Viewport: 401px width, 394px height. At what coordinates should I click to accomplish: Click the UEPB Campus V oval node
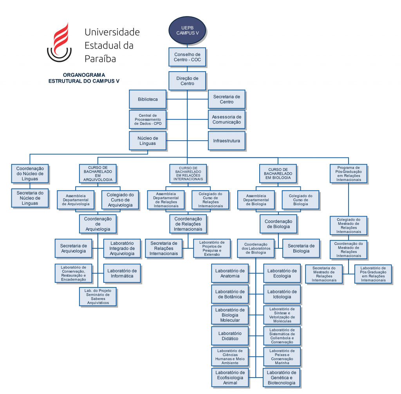pyautogui.click(x=187, y=31)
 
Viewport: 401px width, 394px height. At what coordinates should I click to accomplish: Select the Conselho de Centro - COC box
pyautogui.click(x=187, y=57)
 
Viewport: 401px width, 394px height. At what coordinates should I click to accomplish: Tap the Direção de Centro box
pyautogui.click(x=187, y=81)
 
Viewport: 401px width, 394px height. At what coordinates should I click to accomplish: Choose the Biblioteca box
pyautogui.click(x=148, y=99)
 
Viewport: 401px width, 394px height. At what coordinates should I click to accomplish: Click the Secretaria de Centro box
pyautogui.click(x=226, y=99)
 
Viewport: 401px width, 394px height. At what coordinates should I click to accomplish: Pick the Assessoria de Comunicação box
pyautogui.click(x=226, y=119)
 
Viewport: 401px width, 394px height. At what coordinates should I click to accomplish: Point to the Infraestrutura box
pyautogui.click(x=226, y=140)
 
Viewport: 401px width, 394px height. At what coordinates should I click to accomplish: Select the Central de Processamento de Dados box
pyautogui.click(x=148, y=119)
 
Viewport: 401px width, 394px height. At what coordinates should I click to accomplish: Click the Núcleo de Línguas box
pyautogui.click(x=148, y=141)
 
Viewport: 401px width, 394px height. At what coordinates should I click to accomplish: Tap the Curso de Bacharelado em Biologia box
pyautogui.click(x=278, y=174)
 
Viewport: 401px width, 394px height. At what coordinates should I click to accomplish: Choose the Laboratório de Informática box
pyautogui.click(x=122, y=273)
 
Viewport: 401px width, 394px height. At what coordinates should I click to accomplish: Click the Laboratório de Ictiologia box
pyautogui.click(x=282, y=294)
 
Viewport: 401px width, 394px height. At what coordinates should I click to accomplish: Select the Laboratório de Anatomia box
pyautogui.click(x=230, y=273)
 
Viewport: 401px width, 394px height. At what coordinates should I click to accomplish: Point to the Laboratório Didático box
pyautogui.click(x=230, y=336)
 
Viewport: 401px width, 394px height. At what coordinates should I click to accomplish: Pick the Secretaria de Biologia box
pyautogui.click(x=301, y=248)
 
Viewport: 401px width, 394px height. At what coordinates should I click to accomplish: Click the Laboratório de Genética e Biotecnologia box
pyautogui.click(x=282, y=378)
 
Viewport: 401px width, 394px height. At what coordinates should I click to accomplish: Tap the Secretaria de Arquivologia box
pyautogui.click(x=73, y=248)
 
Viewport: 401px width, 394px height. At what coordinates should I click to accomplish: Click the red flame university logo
pyautogui.click(x=60, y=43)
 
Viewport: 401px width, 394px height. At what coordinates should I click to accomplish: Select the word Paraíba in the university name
pyautogui.click(x=100, y=59)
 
